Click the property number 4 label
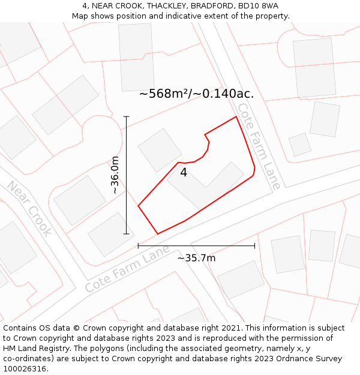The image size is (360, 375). (184, 173)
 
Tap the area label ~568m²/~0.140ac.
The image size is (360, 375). (196, 94)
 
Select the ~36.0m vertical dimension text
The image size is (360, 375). (116, 175)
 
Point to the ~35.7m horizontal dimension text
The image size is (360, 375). (196, 258)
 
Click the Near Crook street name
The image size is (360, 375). (29, 208)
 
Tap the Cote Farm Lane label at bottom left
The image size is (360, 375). (127, 272)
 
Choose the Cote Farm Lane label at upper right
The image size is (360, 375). (259, 146)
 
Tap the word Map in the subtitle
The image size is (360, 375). (80, 16)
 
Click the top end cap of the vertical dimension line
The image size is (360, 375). (126, 116)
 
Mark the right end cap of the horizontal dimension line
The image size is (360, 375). (254, 245)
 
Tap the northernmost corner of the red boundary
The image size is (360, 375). (236, 116)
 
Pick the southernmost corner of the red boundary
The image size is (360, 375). (158, 233)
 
